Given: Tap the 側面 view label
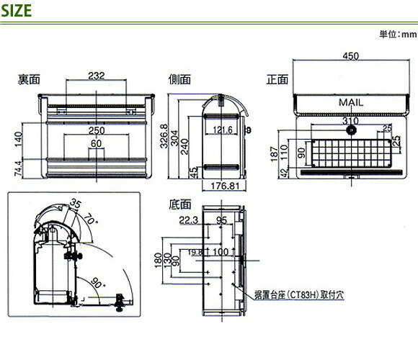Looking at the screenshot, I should (x=179, y=79).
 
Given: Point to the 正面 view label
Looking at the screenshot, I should (x=277, y=80).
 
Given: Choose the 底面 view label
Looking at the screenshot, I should (x=179, y=204).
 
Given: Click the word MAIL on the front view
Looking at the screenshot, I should (x=351, y=103).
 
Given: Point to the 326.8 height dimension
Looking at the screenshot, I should (x=164, y=136).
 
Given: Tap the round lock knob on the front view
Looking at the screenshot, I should (x=352, y=131).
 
